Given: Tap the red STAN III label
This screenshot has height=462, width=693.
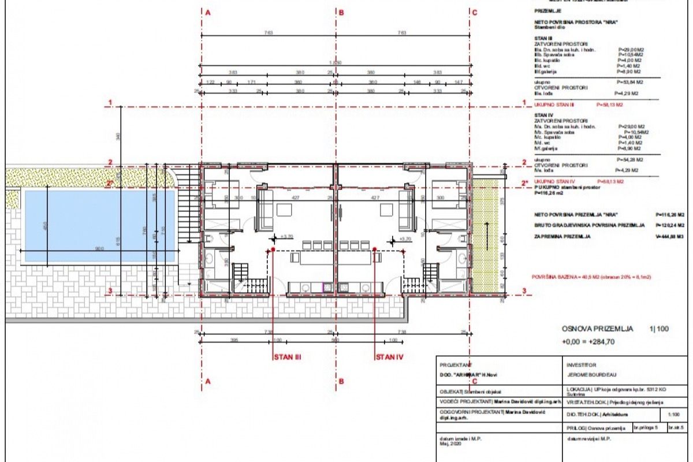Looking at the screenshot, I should click(288, 357).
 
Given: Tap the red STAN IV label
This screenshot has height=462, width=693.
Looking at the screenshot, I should click(389, 357).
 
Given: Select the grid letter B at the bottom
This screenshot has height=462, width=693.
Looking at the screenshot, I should click(341, 381).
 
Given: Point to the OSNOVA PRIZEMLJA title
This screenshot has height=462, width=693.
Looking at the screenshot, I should click(597, 329).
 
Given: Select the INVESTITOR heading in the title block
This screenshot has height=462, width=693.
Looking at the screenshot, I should click(582, 365).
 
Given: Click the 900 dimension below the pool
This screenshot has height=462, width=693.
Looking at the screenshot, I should click(99, 249).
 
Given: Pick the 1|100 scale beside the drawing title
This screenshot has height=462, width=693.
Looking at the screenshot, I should click(659, 329).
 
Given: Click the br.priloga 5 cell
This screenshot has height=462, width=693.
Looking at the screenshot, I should click(648, 428).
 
